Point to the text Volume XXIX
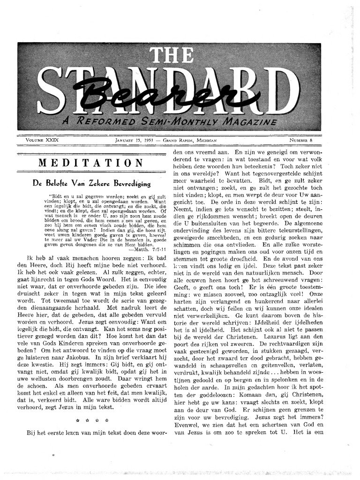[x=42, y=140]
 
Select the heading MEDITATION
[x=90, y=163]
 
